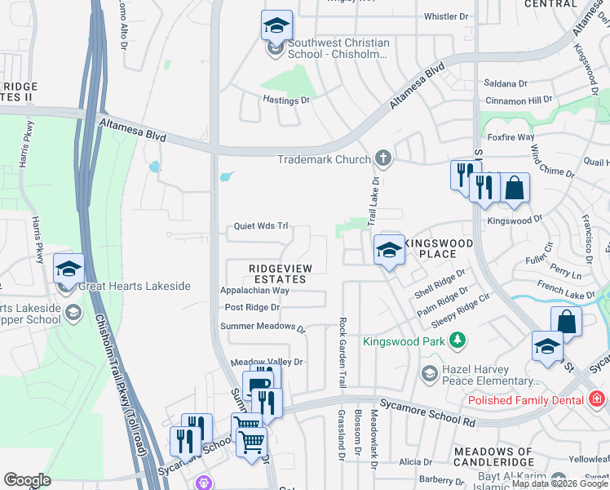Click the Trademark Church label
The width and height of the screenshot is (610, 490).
click(x=324, y=159)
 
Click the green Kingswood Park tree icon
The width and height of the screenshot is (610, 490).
click(x=458, y=340)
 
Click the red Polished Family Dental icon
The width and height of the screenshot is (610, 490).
click(x=597, y=399)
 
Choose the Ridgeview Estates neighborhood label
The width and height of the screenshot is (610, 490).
click(x=278, y=274)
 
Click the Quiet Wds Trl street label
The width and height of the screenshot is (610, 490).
click(x=261, y=226)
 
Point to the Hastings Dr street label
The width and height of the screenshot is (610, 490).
click(x=286, y=100)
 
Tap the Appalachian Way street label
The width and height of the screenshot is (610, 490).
click(x=254, y=290)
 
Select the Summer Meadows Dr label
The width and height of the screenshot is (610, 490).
click(x=263, y=327)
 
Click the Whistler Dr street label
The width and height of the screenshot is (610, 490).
click(x=446, y=16)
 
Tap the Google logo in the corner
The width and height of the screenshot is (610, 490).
click(x=27, y=479)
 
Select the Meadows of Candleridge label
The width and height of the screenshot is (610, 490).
click(x=493, y=452)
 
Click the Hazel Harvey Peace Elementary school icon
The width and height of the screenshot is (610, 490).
click(x=429, y=374)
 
